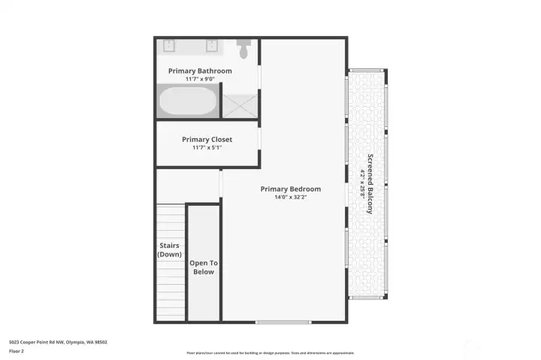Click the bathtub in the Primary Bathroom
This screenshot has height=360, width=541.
click(x=188, y=101)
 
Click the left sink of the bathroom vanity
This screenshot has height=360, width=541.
click(x=169, y=45)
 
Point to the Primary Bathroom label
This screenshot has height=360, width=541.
click(x=200, y=71)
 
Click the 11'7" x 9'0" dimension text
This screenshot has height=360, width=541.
click(x=200, y=79)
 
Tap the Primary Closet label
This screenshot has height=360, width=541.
click(x=207, y=139)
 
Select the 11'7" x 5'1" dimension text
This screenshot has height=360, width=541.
click(x=207, y=147)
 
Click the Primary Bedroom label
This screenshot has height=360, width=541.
click(x=290, y=189)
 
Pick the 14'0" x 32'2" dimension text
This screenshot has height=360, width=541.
click(x=290, y=197)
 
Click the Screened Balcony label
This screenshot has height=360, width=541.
click(x=370, y=184)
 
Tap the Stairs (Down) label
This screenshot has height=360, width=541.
click(x=169, y=250)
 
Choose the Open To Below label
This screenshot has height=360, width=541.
click(x=203, y=267)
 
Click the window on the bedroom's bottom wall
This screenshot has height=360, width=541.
click(x=283, y=322)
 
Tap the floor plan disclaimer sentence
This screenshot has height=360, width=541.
click(x=270, y=352)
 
